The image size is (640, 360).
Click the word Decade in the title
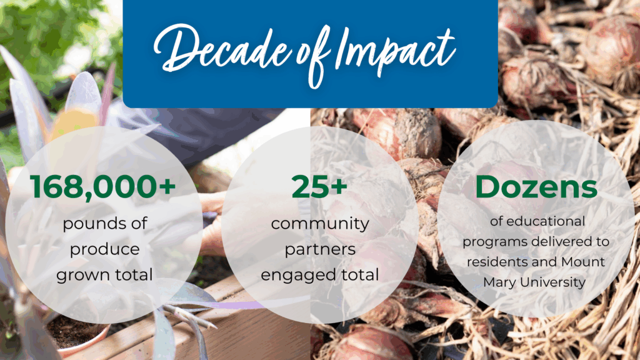point(222,51)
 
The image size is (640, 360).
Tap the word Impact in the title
point(394,51)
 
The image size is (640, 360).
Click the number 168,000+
point(103,187)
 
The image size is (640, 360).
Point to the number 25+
point(319,187)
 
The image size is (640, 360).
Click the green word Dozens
point(536,187)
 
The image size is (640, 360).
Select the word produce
point(105,249)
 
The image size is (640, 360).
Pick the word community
point(320,224)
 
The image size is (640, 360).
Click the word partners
point(320,249)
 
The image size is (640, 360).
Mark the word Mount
point(583,262)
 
